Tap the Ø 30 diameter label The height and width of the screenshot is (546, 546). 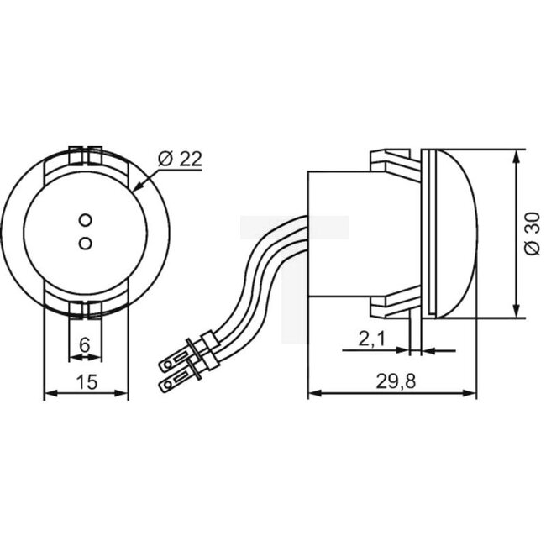(x=529, y=235)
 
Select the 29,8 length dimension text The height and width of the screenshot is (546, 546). (x=393, y=380)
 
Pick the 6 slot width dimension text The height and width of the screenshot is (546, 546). (x=84, y=344)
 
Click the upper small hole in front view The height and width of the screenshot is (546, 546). (x=85, y=220)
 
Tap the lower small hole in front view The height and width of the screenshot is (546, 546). (x=85, y=242)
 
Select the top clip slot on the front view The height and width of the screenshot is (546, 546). (x=85, y=155)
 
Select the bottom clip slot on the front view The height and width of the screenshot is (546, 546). (x=85, y=308)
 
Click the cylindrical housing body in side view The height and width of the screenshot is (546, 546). (x=340, y=235)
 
